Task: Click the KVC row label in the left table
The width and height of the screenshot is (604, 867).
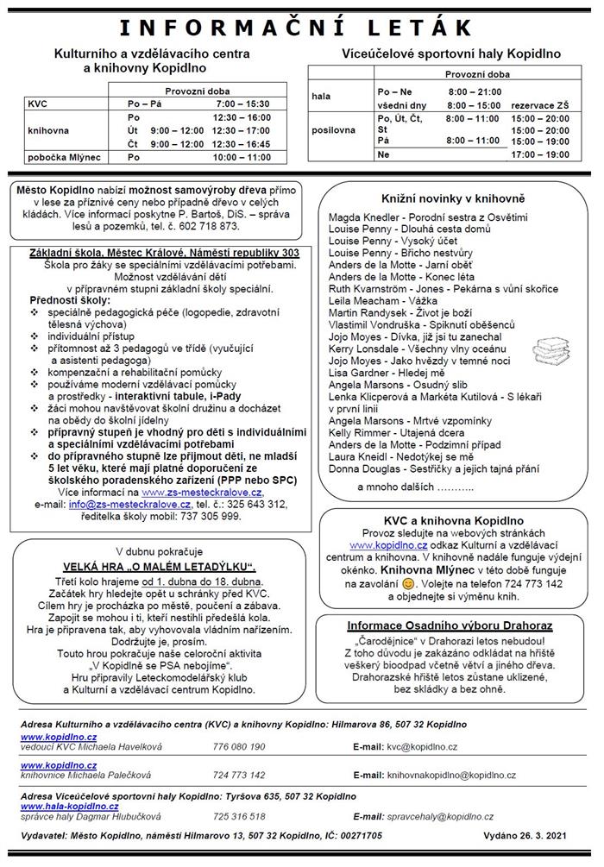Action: pyautogui.click(x=38, y=104)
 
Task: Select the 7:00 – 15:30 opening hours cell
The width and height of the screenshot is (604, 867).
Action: pyautogui.click(x=242, y=104)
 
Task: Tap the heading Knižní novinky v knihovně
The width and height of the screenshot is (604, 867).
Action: pyautogui.click(x=447, y=198)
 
